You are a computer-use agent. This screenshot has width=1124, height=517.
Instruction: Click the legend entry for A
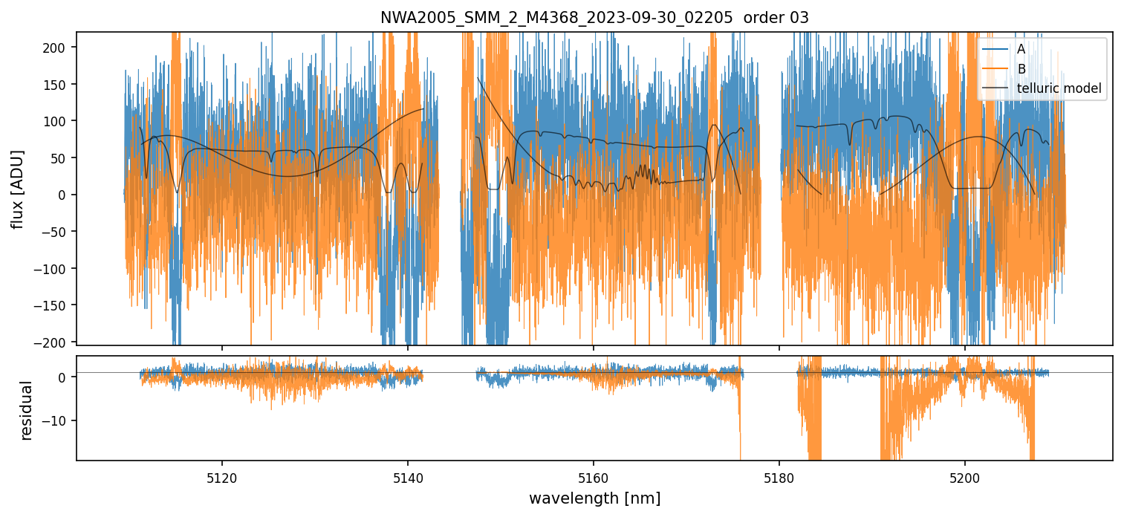click(1021, 49)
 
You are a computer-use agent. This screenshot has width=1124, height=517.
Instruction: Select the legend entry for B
click(1021, 69)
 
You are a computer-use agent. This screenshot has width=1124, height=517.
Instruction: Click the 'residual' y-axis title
click(27, 410)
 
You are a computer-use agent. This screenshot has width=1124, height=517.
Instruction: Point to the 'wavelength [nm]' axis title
click(594, 498)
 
